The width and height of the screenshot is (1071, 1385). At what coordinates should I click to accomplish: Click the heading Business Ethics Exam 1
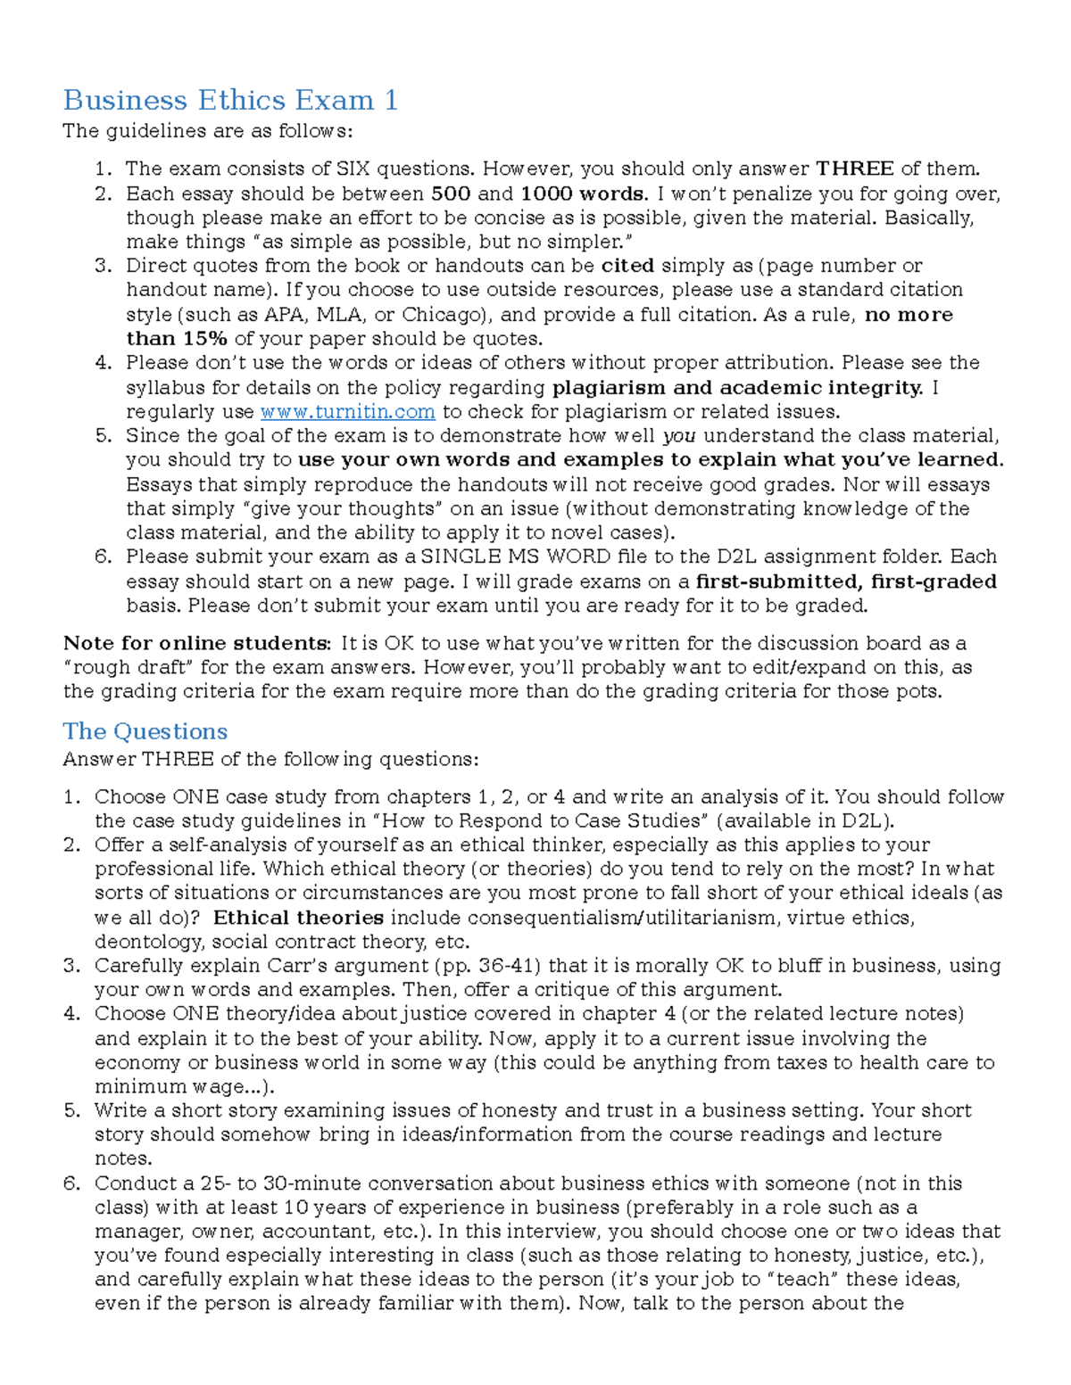pyautogui.click(x=230, y=100)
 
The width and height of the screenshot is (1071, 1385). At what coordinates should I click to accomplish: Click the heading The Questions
pyautogui.click(x=145, y=731)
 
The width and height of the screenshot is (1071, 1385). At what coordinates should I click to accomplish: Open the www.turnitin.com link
pyautogui.click(x=347, y=412)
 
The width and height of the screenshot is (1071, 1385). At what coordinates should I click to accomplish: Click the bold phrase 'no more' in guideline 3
pyautogui.click(x=909, y=315)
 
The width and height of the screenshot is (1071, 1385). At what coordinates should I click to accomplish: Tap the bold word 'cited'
pyautogui.click(x=627, y=266)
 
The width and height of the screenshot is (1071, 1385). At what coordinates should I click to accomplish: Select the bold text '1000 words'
pyautogui.click(x=582, y=194)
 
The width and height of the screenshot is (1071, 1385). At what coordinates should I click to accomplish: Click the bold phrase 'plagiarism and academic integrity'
pyautogui.click(x=737, y=388)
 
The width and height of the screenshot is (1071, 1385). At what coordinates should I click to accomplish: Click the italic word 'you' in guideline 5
pyautogui.click(x=679, y=436)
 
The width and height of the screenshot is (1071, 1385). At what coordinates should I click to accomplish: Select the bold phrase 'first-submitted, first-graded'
pyautogui.click(x=846, y=581)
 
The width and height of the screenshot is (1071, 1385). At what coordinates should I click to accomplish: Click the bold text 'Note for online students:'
pyautogui.click(x=196, y=644)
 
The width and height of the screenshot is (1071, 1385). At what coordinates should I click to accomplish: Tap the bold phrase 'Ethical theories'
pyautogui.click(x=299, y=918)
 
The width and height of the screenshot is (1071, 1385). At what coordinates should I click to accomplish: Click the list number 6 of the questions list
pyautogui.click(x=71, y=1183)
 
